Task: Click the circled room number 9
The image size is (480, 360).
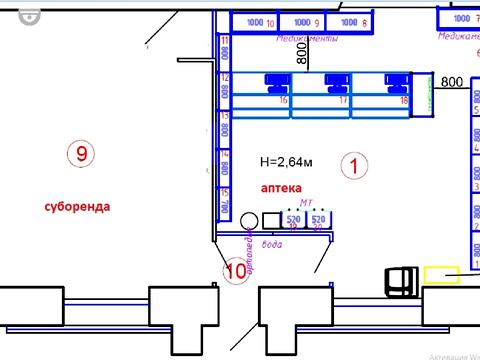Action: pos(81,153)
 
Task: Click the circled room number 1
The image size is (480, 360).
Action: pos(354,164)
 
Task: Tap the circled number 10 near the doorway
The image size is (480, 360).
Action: pos(236,270)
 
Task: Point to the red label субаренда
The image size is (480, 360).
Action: pos(77,206)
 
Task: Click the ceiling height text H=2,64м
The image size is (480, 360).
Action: pos(286,161)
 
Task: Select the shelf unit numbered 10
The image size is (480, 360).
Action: pos(255,22)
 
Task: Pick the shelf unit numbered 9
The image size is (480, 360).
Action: pos(302,22)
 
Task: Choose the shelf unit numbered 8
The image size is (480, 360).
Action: pos(349,22)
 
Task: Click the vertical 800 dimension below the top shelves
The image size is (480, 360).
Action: pos(300,52)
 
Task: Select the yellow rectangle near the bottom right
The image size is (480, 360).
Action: pos(441,274)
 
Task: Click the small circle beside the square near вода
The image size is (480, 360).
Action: pos(250,219)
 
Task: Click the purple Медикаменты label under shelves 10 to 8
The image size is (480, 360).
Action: pos(306,39)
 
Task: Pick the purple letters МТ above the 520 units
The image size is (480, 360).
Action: pos(306,203)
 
